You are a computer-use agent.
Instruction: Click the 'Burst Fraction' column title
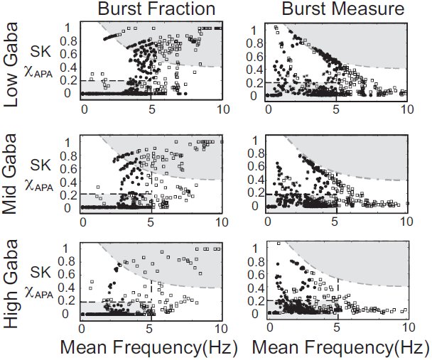(x=156, y=9)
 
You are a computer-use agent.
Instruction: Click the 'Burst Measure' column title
(x=343, y=9)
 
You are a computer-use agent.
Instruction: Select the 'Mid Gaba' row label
(x=10, y=174)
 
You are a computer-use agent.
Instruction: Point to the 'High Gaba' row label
(x=11, y=284)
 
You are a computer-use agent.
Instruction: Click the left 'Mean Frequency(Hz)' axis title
(x=148, y=348)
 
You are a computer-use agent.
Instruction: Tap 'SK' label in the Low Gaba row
(x=40, y=51)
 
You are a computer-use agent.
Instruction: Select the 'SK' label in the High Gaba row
(x=40, y=272)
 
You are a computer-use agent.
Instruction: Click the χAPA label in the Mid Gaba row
(x=39, y=185)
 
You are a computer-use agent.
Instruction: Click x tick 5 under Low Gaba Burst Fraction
(x=152, y=109)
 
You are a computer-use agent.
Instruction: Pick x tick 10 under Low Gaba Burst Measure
(x=406, y=109)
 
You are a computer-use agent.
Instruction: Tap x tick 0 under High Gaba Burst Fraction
(x=82, y=329)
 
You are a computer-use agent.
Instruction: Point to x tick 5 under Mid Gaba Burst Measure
(x=334, y=222)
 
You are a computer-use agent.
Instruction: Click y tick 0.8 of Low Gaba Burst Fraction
(x=68, y=41)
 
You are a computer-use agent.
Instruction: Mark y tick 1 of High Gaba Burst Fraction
(x=65, y=249)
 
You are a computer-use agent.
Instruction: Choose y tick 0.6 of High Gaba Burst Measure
(x=256, y=275)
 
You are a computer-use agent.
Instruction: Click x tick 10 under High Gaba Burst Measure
(x=409, y=327)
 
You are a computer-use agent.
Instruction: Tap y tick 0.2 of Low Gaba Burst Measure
(x=255, y=83)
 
